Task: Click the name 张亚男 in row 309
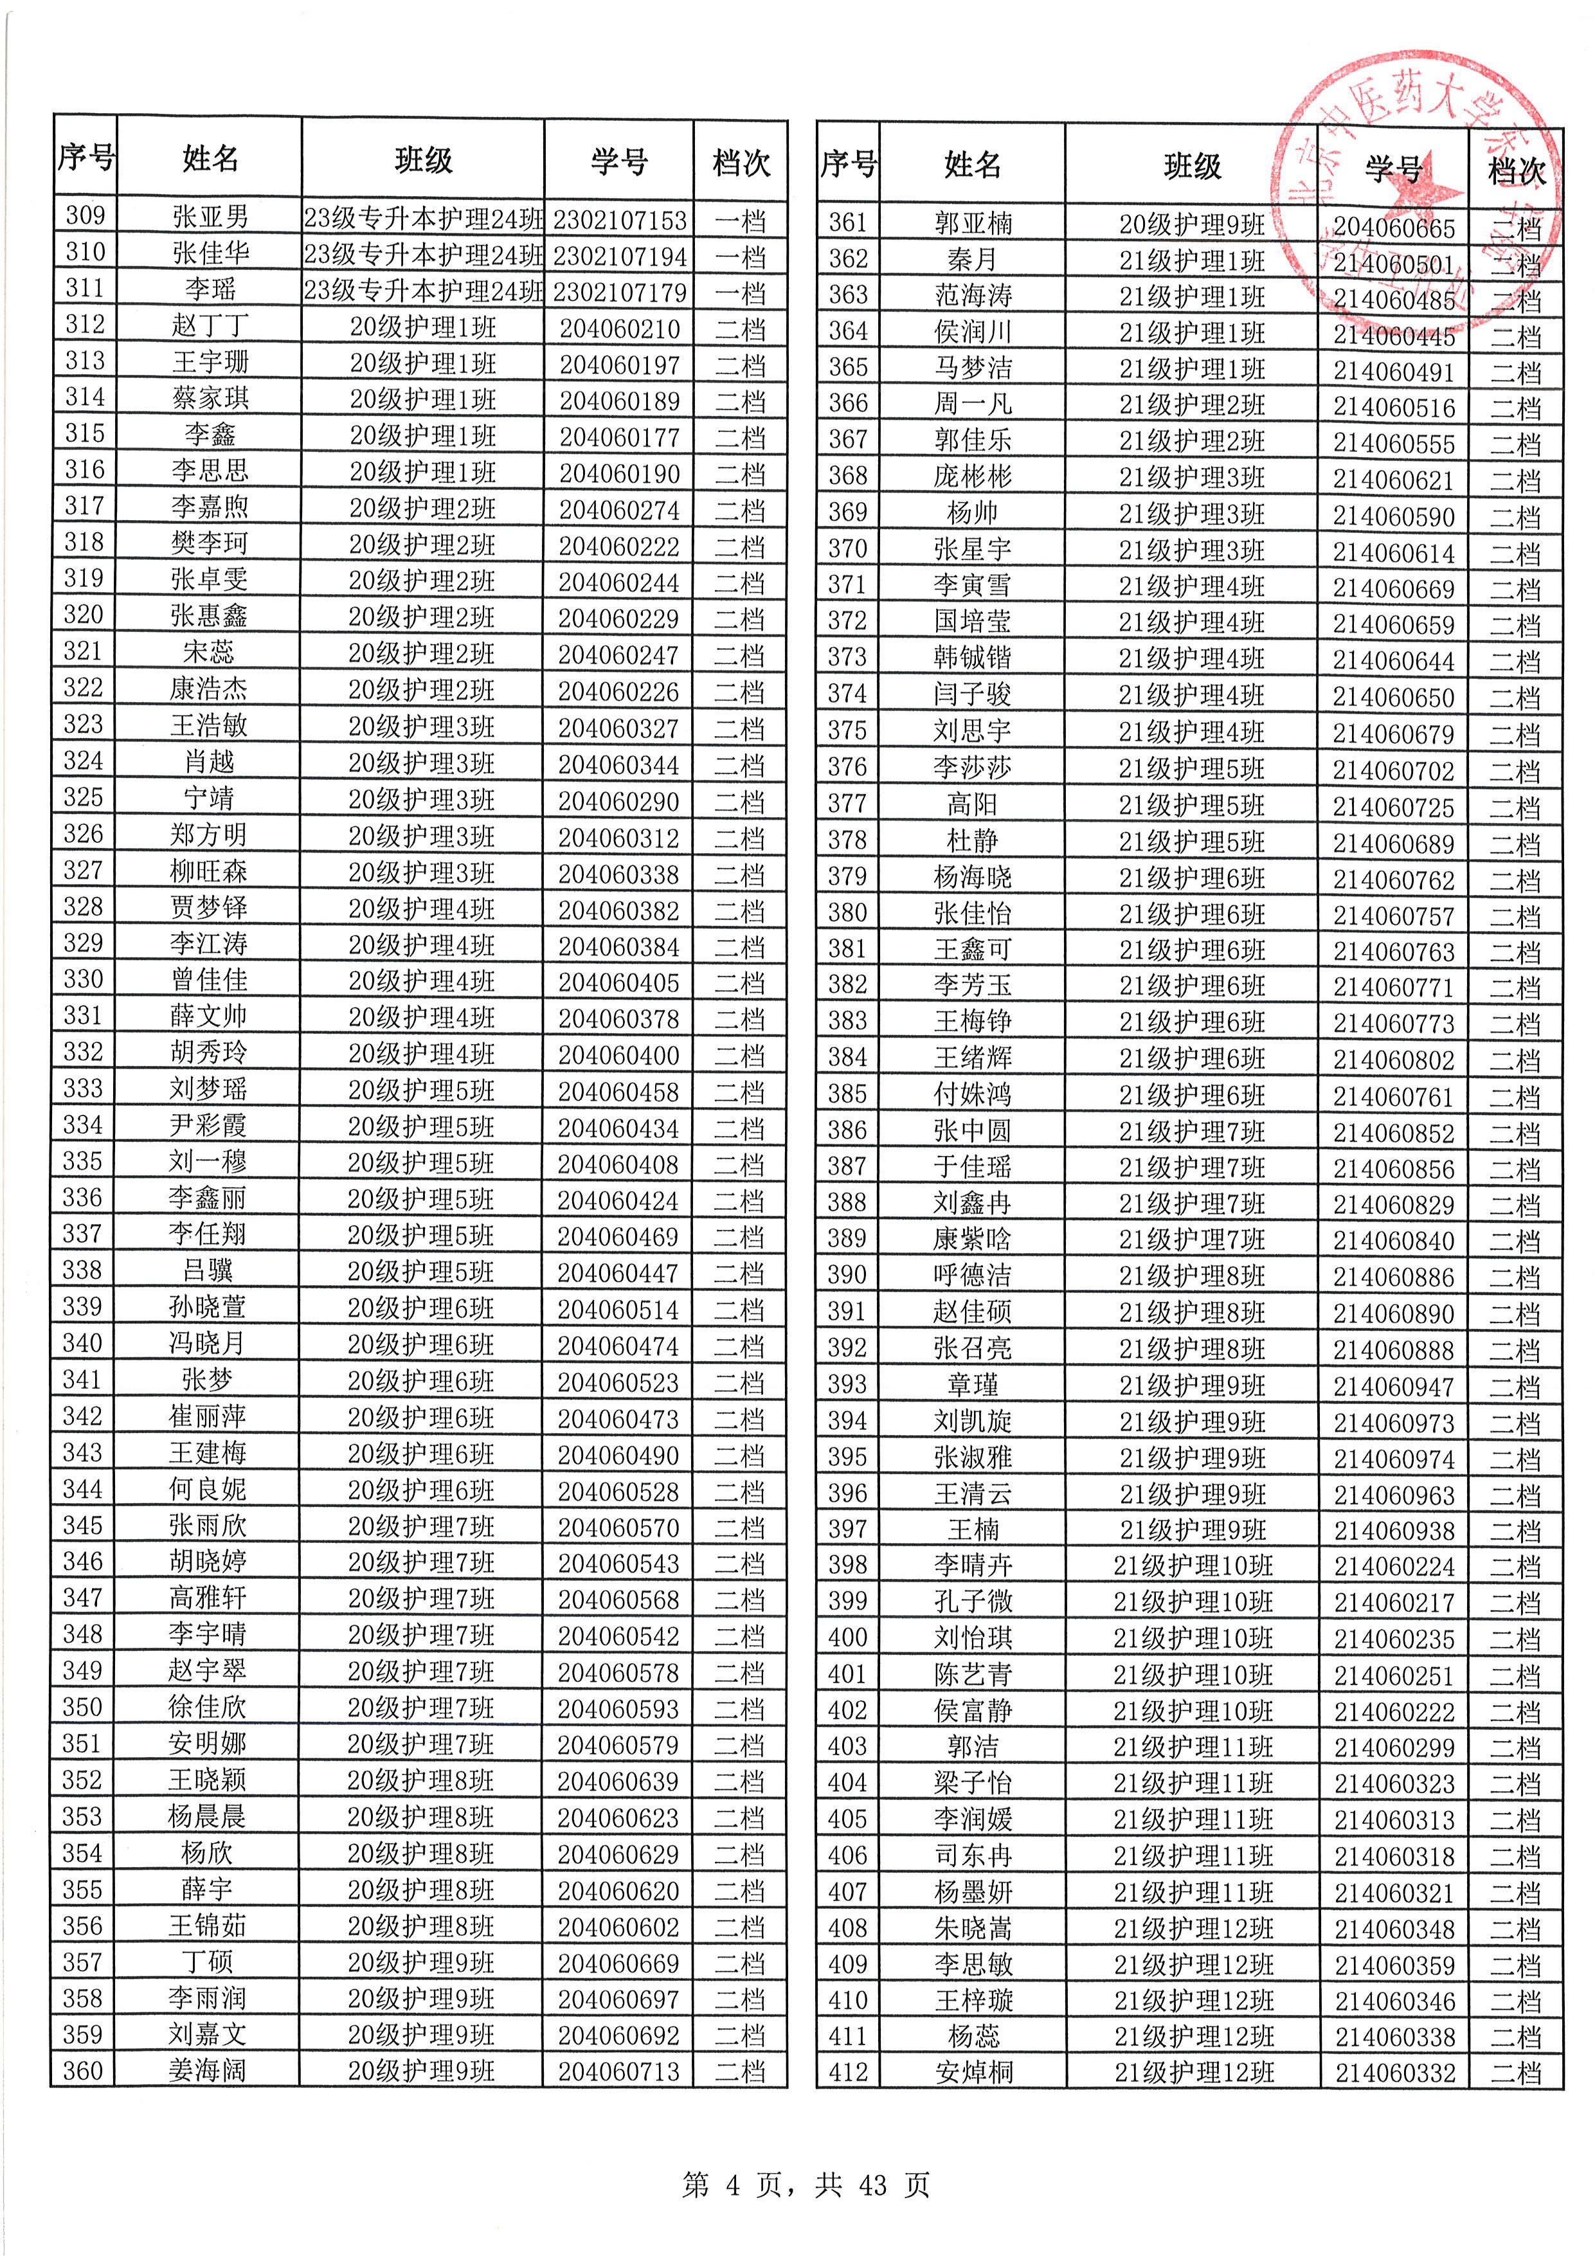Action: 210,216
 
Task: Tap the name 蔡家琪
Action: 210,398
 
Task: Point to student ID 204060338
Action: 618,874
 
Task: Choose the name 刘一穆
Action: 208,1162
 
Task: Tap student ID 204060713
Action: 618,2072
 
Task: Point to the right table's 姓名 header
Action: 972,165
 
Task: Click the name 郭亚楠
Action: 972,224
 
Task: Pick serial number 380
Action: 847,913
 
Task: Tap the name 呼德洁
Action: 972,1276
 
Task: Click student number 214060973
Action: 1394,1423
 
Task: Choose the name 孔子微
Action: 972,1602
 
